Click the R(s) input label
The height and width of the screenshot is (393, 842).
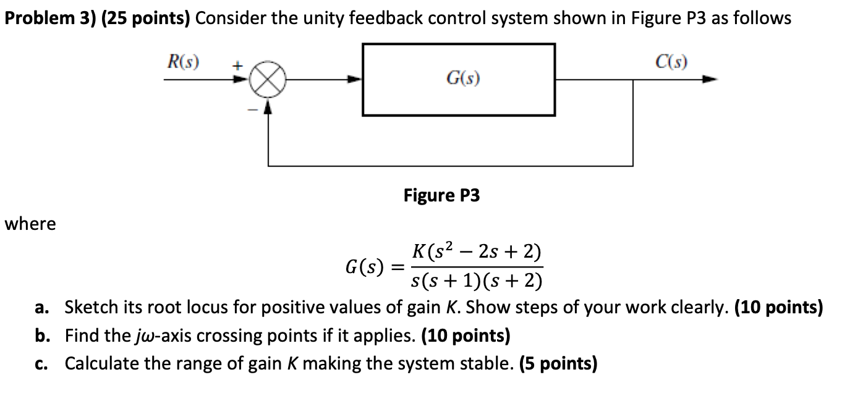coord(184,62)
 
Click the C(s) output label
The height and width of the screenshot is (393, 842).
coord(673,62)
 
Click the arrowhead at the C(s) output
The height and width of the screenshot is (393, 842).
coord(712,80)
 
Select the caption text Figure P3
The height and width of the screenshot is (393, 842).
coord(441,196)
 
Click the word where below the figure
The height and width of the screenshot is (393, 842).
coord(30,224)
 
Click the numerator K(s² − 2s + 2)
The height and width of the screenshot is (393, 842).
coord(476,253)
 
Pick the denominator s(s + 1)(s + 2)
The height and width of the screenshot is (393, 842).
coord(476,282)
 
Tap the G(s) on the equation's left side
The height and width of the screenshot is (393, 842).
coord(364,268)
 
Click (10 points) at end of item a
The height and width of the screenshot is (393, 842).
coord(778,307)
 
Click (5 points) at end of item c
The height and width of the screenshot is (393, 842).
coord(558,363)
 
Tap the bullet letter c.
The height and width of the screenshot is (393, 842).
coord(39,363)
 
